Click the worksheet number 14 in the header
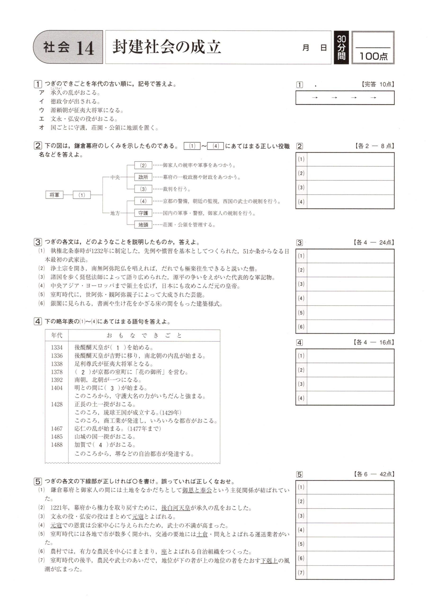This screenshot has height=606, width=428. [x=85, y=48]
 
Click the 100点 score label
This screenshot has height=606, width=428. [x=373, y=56]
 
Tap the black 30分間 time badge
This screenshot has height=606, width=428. [x=341, y=48]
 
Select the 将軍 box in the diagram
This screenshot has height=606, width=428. [x=54, y=195]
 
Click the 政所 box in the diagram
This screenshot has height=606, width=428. [x=143, y=177]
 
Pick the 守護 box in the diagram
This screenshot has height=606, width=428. [x=143, y=213]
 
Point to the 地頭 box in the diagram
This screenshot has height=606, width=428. [x=143, y=225]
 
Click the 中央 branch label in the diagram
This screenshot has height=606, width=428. [x=115, y=177]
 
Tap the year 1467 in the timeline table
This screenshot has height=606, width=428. [x=57, y=429]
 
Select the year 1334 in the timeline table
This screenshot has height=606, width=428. [x=57, y=347]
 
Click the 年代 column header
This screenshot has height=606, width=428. [x=57, y=335]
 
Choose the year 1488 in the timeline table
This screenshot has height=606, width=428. [x=57, y=445]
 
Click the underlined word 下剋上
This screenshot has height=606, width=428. [x=269, y=560]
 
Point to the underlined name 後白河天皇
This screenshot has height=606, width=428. [x=175, y=508]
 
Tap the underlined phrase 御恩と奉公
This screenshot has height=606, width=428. [x=197, y=490]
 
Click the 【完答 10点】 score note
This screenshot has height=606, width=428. [x=377, y=84]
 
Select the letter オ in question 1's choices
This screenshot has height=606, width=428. [x=41, y=128]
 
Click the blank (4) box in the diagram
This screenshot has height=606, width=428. [x=143, y=201]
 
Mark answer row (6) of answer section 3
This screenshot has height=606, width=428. [x=350, y=326]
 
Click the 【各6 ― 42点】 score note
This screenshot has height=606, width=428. [x=374, y=474]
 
